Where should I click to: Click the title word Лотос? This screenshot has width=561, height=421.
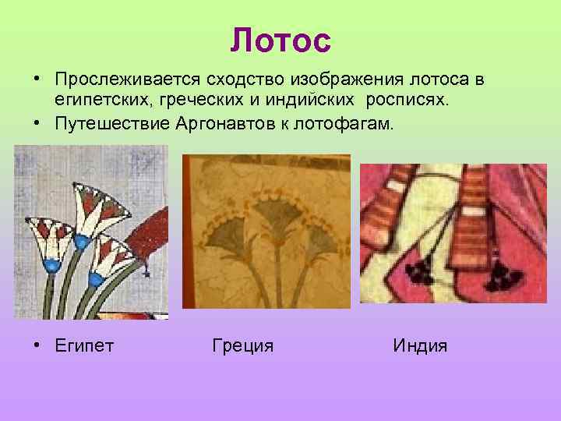(280, 41)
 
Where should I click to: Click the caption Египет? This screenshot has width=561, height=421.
(84, 345)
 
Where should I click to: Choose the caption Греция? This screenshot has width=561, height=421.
(242, 345)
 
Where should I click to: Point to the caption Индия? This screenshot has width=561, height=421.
(421, 345)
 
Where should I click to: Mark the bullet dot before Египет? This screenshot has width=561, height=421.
(37, 345)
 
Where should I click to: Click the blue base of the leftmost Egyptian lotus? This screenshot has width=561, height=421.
(52, 265)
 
